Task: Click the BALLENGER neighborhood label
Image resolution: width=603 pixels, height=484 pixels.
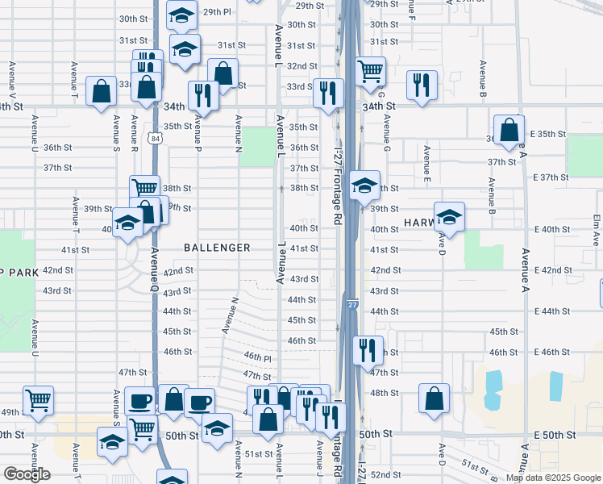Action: [217, 248]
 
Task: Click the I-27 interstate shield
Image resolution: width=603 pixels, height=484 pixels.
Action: [353, 305]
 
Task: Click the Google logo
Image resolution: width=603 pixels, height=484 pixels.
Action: [27, 474]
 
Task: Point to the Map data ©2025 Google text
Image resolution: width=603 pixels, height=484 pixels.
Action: [553, 478]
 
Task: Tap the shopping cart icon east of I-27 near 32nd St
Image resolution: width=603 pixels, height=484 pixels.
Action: [370, 72]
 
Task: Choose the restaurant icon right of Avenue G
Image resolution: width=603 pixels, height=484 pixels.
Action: [422, 85]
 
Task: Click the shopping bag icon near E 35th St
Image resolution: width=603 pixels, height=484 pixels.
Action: [509, 130]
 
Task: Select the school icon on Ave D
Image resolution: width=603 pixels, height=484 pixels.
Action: [450, 216]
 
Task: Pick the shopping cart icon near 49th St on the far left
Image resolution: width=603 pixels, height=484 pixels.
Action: [39, 399]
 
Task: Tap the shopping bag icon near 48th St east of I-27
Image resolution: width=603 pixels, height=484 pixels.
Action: [434, 397]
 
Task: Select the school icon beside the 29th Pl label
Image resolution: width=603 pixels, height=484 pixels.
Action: [182, 14]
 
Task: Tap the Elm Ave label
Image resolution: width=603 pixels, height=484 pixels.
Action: [597, 230]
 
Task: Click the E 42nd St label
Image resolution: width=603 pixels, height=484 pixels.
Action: [556, 270]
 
